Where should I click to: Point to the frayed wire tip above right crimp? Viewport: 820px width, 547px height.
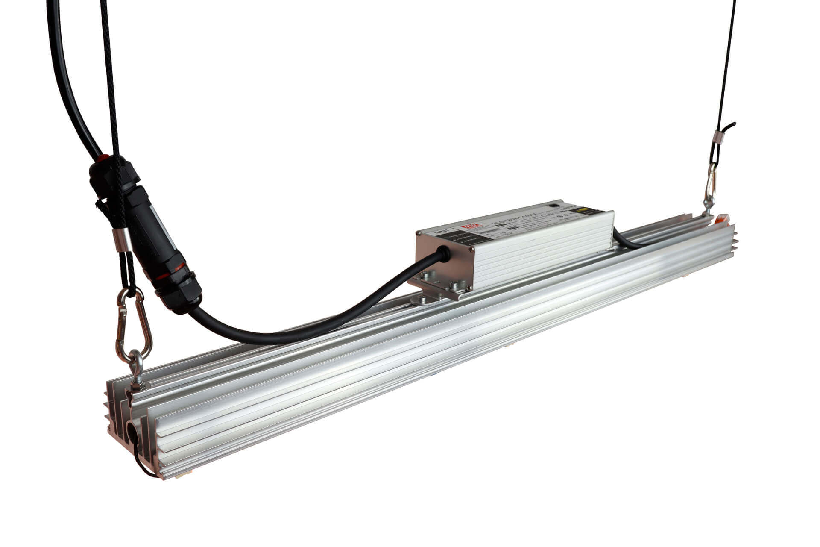coord(731,124)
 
